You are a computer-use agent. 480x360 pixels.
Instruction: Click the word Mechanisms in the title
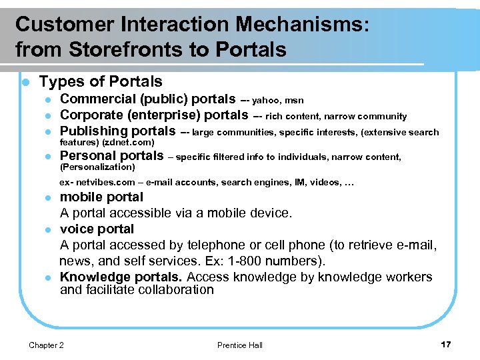291,25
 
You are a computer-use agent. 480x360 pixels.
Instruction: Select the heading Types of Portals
101,82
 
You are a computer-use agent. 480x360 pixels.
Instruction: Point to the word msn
295,101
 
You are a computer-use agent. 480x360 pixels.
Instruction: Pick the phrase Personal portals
111,156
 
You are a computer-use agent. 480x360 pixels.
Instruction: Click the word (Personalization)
97,167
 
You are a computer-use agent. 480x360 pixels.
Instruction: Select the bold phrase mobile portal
101,197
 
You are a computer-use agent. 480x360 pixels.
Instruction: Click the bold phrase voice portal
97,229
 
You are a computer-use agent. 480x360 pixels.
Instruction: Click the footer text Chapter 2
47,345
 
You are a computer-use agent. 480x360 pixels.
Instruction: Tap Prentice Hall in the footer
240,345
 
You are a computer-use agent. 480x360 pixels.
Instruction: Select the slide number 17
445,344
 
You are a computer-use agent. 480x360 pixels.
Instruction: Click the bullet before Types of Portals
24,83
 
